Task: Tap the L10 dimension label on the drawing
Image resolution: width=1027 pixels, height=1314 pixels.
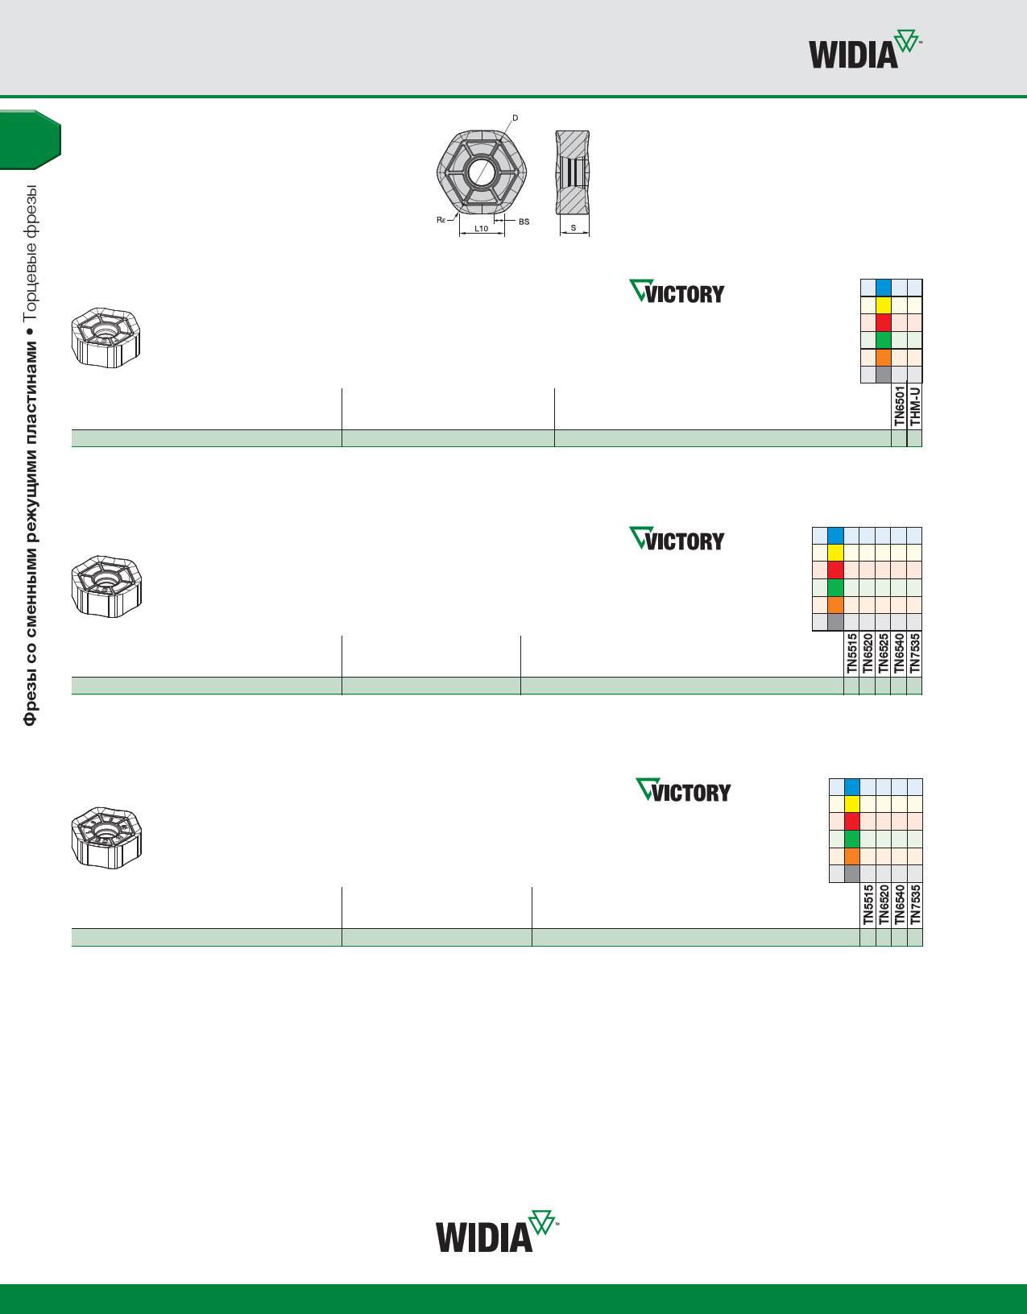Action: (x=481, y=229)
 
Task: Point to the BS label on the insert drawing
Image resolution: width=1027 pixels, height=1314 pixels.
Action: (x=524, y=222)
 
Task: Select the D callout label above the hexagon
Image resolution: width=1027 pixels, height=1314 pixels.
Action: (x=516, y=118)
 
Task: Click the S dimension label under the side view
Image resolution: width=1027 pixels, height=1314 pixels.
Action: (x=574, y=228)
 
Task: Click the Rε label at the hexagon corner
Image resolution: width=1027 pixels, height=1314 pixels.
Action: (x=441, y=219)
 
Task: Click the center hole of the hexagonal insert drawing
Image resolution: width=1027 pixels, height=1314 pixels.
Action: (x=481, y=172)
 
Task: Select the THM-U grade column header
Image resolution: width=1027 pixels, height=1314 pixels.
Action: (x=915, y=406)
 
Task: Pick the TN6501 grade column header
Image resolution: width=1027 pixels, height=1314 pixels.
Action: (x=899, y=406)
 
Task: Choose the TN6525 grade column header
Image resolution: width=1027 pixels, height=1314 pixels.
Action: (x=884, y=653)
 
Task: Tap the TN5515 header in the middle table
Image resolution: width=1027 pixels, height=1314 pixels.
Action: (x=851, y=653)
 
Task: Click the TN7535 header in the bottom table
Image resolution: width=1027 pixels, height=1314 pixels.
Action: (x=915, y=905)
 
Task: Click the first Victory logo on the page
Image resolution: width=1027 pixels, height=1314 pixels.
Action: (x=677, y=292)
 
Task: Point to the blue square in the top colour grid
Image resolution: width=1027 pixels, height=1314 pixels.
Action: (x=884, y=288)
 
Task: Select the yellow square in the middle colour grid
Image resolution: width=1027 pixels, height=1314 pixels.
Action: (x=835, y=553)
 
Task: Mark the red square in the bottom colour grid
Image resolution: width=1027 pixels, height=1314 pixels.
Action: (x=852, y=822)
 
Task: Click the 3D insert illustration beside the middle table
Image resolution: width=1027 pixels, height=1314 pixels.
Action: (x=106, y=586)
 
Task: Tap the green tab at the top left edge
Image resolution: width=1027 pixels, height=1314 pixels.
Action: (x=30, y=139)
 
